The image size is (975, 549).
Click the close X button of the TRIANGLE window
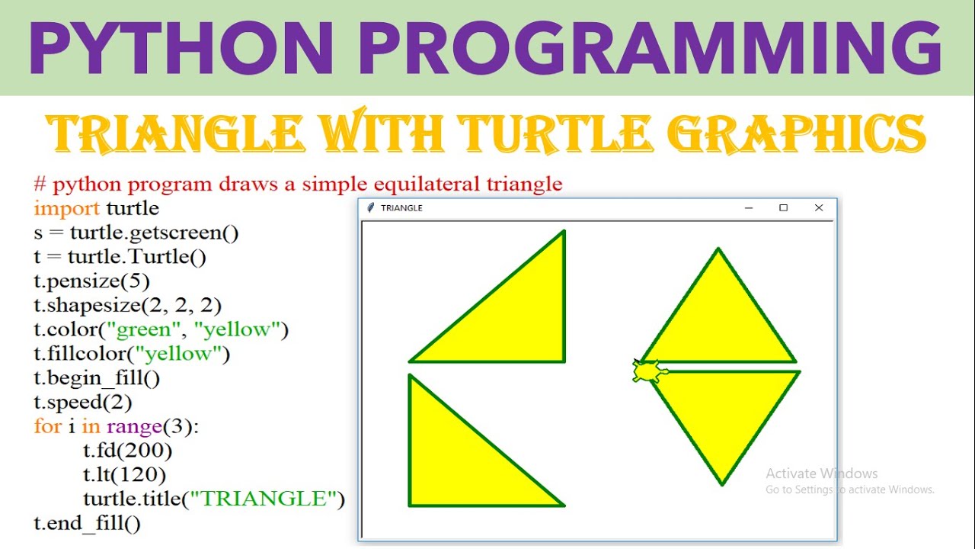point(819,208)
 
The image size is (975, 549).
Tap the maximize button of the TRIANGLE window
point(784,208)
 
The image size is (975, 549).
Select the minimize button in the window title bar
point(749,208)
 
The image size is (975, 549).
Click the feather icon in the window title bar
point(370,208)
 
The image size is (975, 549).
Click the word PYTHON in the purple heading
point(181,48)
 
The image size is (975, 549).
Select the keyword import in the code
point(66,209)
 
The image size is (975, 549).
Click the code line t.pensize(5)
point(92,281)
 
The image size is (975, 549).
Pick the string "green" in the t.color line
point(143,329)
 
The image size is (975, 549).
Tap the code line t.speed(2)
point(83,402)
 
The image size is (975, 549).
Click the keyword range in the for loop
point(135,426)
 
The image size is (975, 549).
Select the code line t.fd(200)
point(127,451)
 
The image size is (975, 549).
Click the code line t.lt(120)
point(124,474)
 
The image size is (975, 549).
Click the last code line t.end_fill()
point(87,523)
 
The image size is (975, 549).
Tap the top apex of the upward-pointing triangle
point(718,249)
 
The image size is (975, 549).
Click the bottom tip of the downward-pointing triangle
point(721,484)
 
